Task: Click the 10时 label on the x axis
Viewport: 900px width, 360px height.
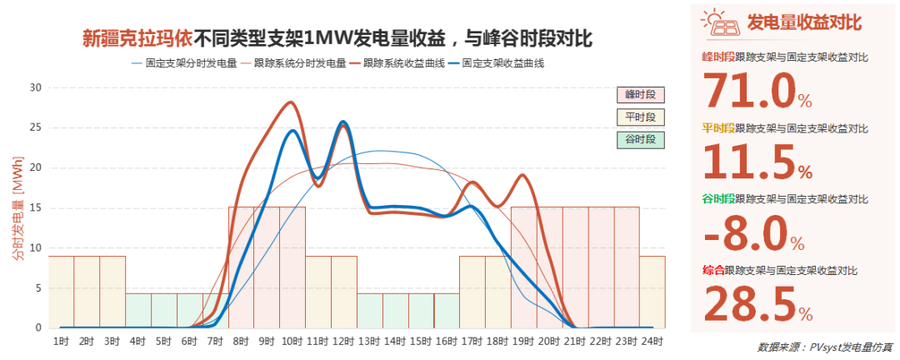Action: click(x=292, y=342)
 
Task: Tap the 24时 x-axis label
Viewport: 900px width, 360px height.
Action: click(x=652, y=342)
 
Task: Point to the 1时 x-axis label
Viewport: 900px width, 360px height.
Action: click(x=61, y=342)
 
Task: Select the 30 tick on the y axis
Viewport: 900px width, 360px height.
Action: click(x=36, y=87)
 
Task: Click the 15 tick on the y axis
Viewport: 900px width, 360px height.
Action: click(x=36, y=207)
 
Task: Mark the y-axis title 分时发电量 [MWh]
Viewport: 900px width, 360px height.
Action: click(x=17, y=207)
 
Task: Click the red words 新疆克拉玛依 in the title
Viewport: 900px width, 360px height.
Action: click(x=137, y=37)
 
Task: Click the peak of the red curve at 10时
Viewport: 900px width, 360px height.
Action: click(x=291, y=102)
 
